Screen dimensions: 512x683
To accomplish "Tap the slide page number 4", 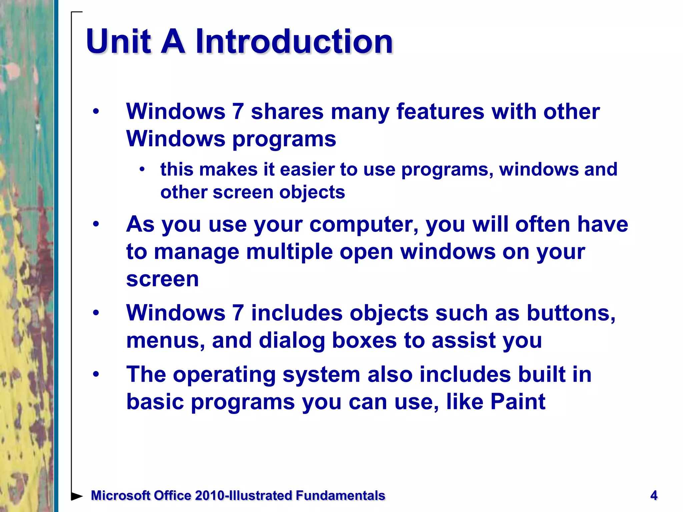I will click(x=654, y=495).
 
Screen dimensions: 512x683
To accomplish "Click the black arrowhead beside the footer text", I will click(x=77, y=496).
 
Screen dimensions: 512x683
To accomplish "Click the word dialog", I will click(x=291, y=340).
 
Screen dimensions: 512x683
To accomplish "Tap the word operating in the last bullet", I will click(x=224, y=374).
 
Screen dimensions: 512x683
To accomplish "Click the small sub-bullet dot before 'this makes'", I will click(x=142, y=169).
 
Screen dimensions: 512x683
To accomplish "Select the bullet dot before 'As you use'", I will click(x=96, y=224).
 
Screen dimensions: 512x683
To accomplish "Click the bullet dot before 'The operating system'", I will click(x=96, y=374).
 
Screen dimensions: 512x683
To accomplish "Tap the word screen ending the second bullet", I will click(x=162, y=279).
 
